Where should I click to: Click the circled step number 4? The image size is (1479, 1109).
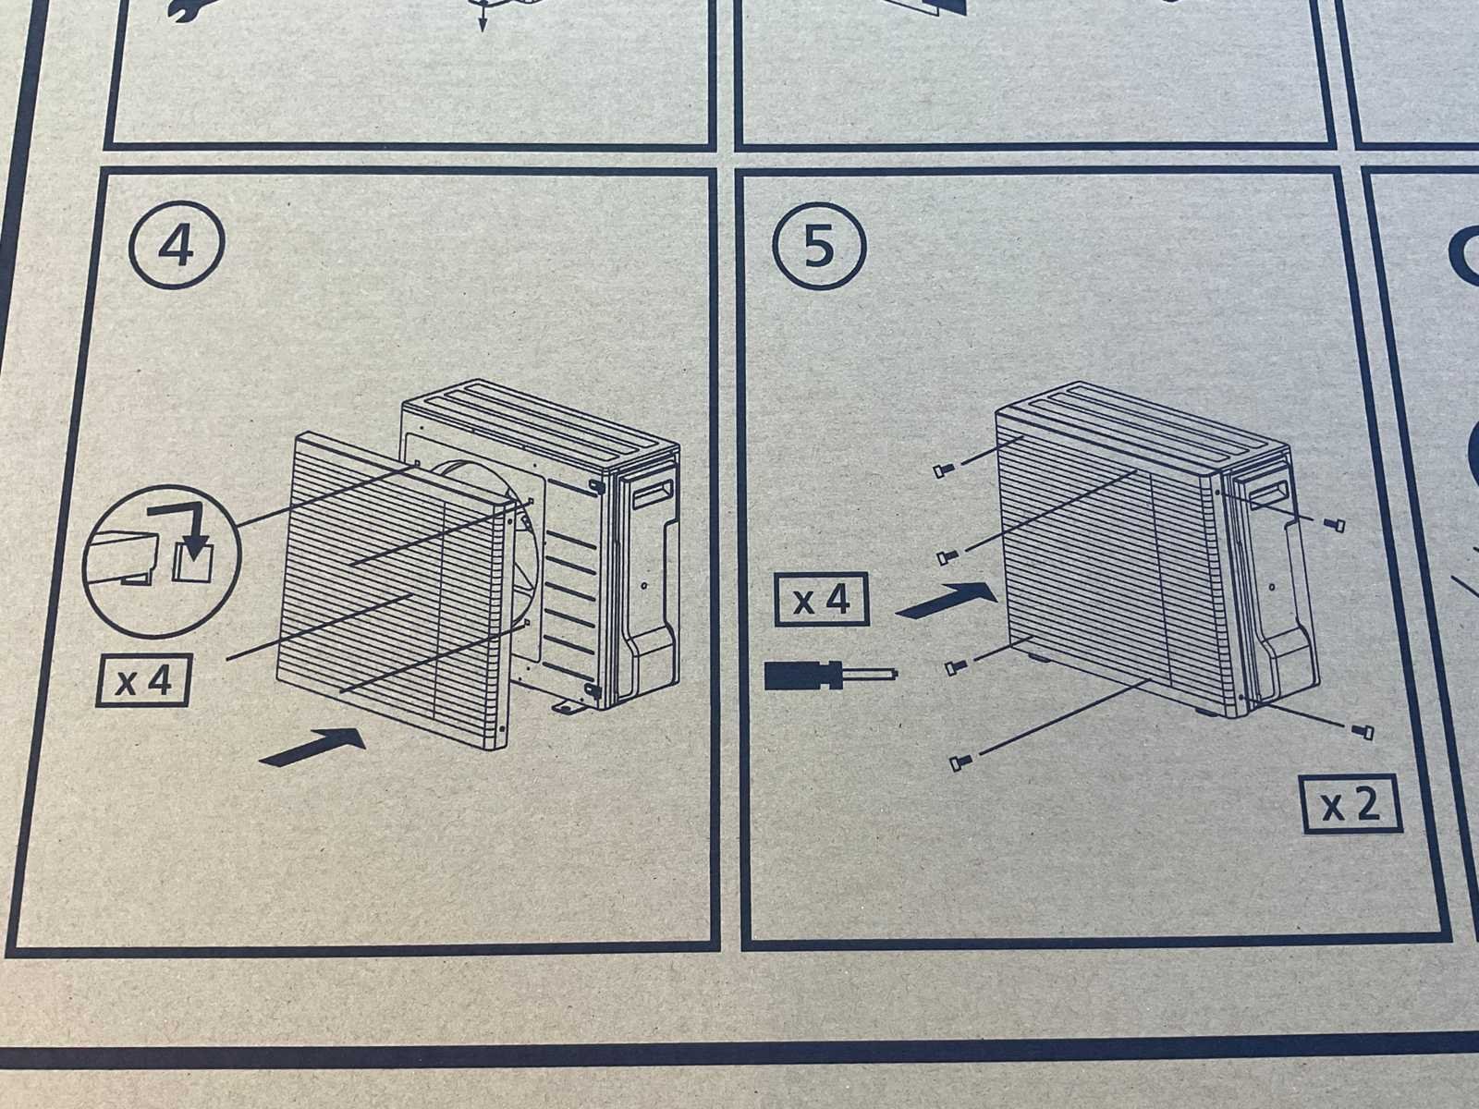click(x=176, y=246)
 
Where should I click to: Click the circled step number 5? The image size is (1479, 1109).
click(x=819, y=247)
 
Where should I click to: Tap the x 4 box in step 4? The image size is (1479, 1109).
click(x=143, y=681)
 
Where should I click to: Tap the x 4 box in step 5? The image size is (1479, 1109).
click(x=822, y=600)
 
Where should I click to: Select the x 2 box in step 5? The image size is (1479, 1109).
click(x=1352, y=805)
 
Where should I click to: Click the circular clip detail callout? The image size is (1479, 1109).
click(x=162, y=562)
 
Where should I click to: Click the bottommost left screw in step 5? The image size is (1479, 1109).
click(x=960, y=763)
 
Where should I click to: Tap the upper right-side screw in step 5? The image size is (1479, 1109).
click(x=1334, y=523)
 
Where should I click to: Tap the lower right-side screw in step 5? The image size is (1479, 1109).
click(x=1363, y=731)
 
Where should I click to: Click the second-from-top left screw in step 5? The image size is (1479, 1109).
click(x=947, y=556)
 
